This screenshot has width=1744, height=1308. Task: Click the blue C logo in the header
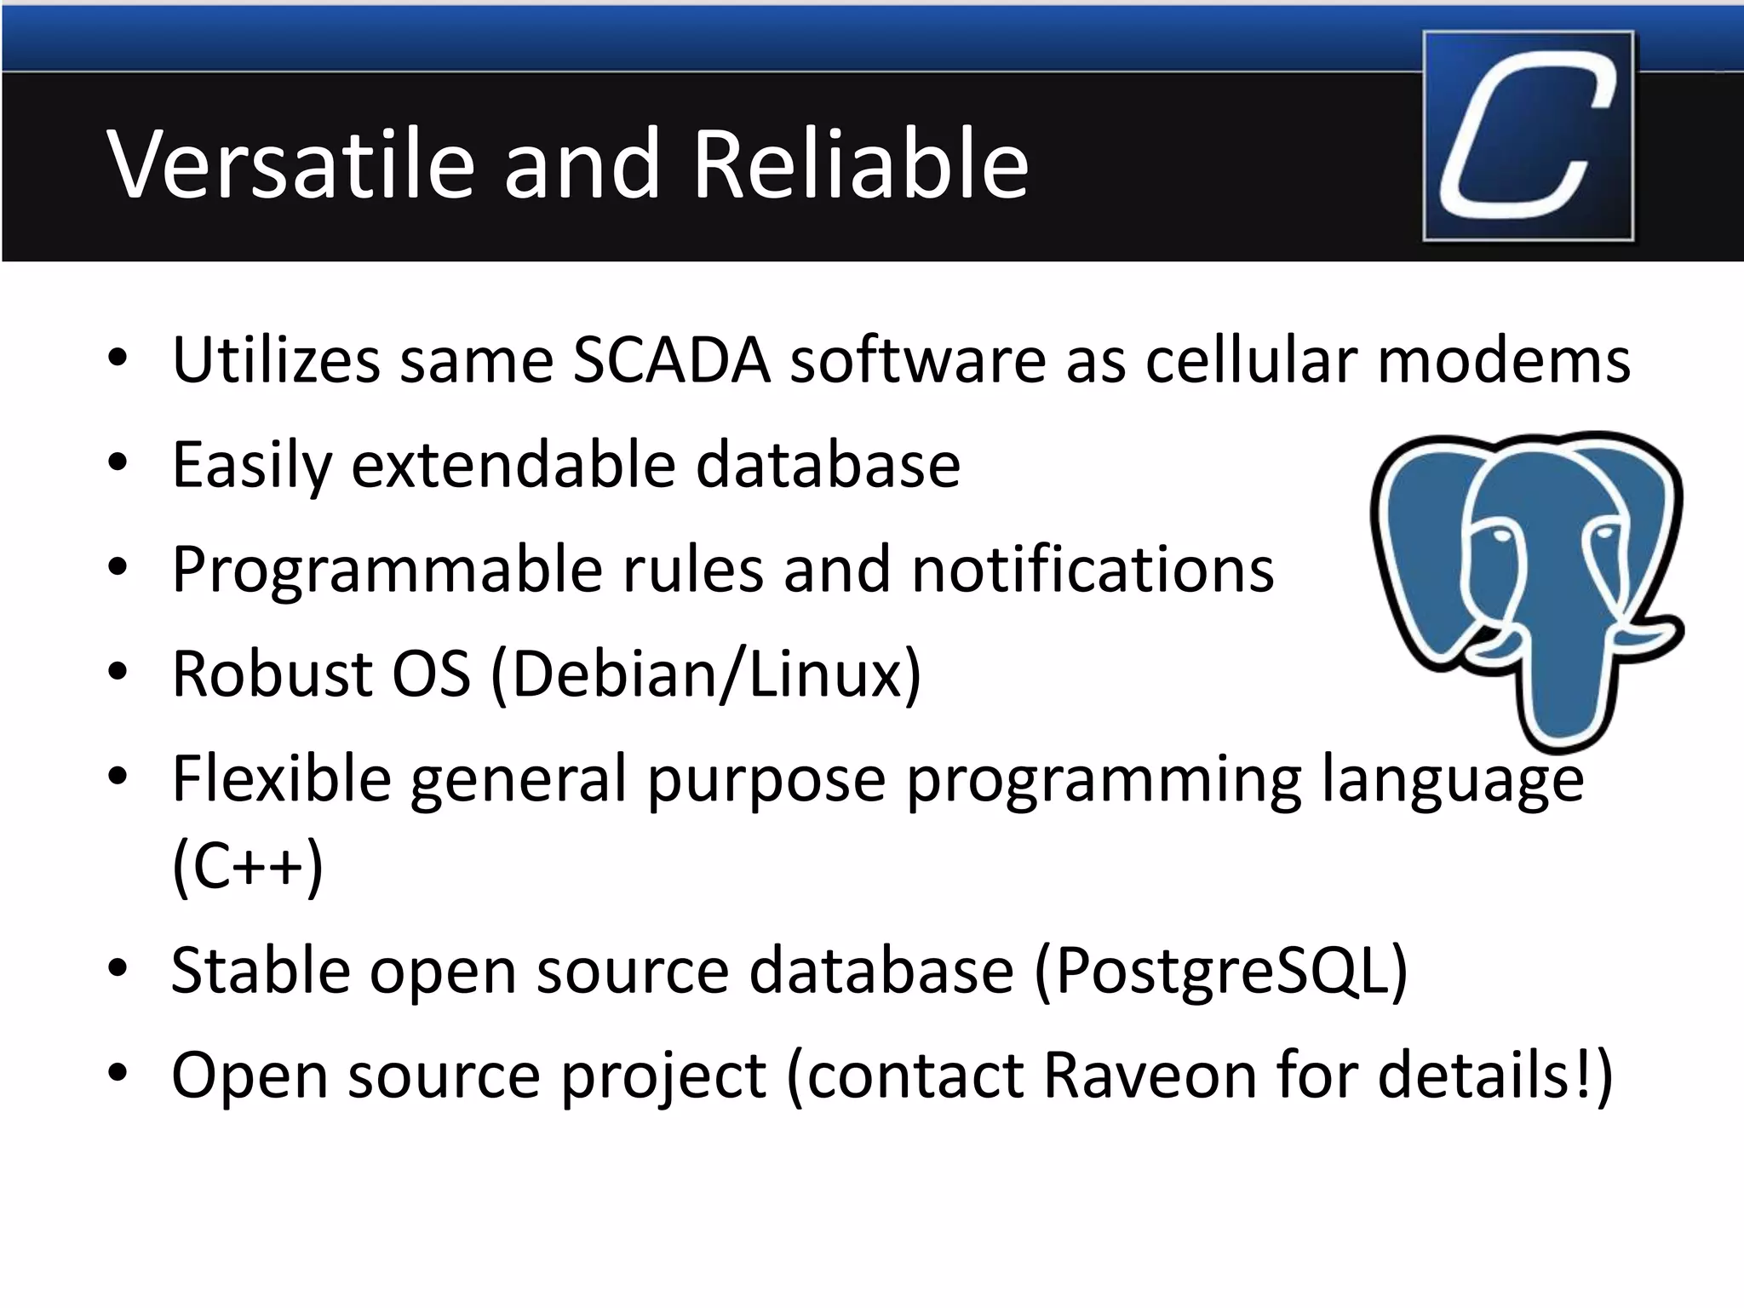click(1529, 136)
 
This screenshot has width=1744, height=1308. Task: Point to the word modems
click(1503, 360)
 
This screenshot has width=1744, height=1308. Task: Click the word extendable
click(513, 465)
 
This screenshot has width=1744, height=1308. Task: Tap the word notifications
click(1093, 569)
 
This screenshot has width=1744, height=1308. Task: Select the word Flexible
click(281, 778)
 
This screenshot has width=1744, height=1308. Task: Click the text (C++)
click(247, 867)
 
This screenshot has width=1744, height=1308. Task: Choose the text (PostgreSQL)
click(1221, 971)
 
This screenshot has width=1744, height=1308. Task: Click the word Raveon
click(1150, 1075)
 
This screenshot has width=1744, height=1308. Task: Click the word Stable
click(261, 971)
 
